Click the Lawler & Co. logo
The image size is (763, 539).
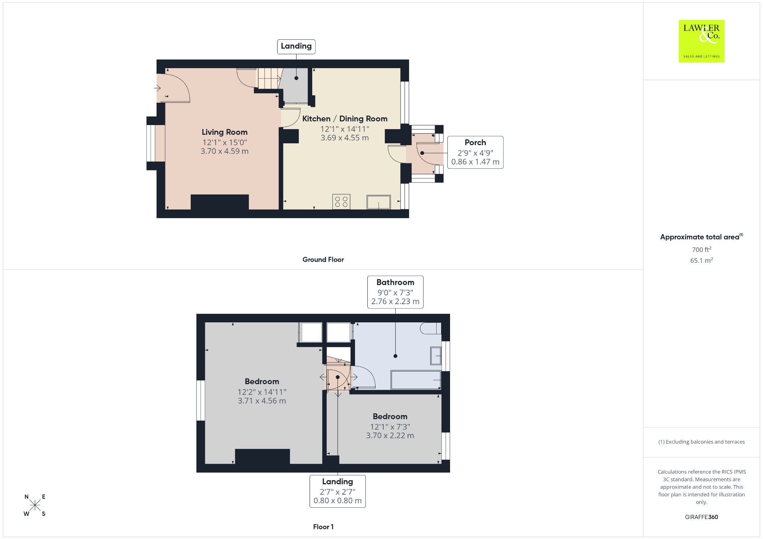702,41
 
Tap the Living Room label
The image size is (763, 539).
225,132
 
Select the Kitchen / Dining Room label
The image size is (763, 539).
345,119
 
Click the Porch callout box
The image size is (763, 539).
475,152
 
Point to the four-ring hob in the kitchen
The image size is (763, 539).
341,202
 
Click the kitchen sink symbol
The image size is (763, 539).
379,202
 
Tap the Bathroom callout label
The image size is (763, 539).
395,292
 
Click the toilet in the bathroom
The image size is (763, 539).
431,328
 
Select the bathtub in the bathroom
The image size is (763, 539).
416,380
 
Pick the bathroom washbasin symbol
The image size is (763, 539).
436,356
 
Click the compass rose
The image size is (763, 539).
35,505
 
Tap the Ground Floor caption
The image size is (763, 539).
323,259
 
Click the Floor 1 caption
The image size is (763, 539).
323,527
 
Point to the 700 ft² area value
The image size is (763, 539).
702,249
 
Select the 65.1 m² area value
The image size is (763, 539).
702,260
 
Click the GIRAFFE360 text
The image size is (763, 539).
702,517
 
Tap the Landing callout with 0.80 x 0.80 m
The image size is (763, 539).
338,491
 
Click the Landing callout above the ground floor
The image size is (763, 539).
296,46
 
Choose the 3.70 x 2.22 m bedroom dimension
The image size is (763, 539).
390,436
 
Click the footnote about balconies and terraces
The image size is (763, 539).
702,442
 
